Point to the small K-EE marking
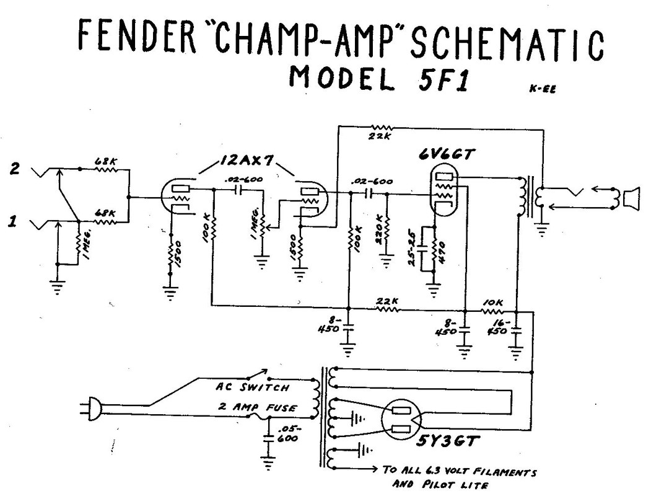[x=543, y=89]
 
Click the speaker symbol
[x=631, y=199]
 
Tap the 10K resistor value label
[x=494, y=302]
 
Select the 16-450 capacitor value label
[x=498, y=328]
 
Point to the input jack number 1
[x=12, y=220]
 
